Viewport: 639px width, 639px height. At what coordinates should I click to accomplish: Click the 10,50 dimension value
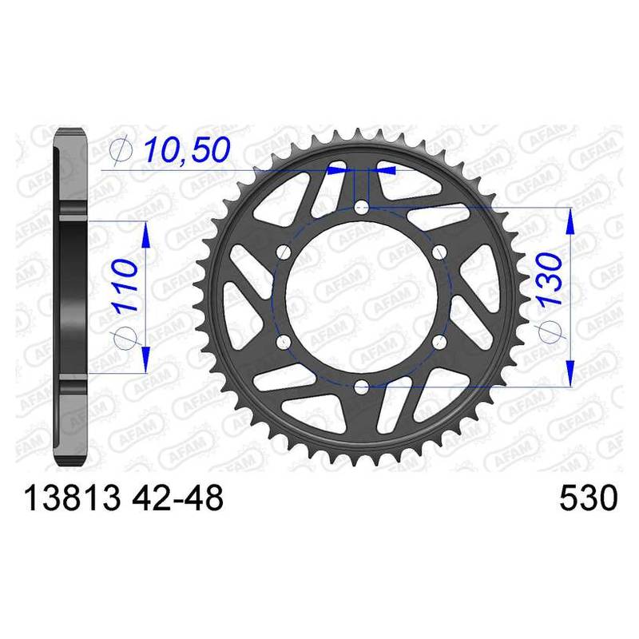[187, 149]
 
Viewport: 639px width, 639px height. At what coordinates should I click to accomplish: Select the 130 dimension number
[551, 279]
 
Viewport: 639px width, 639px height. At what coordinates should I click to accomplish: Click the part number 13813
[73, 498]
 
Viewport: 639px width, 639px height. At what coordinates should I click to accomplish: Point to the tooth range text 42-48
[177, 498]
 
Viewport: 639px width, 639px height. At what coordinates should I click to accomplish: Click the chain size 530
[589, 498]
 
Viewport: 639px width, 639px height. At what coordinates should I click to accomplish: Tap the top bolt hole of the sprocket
[362, 208]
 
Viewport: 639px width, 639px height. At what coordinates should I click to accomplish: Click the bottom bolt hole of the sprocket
[362, 387]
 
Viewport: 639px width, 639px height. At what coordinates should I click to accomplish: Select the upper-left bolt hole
[284, 252]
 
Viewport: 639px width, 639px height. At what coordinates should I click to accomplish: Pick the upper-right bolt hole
[439, 252]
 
